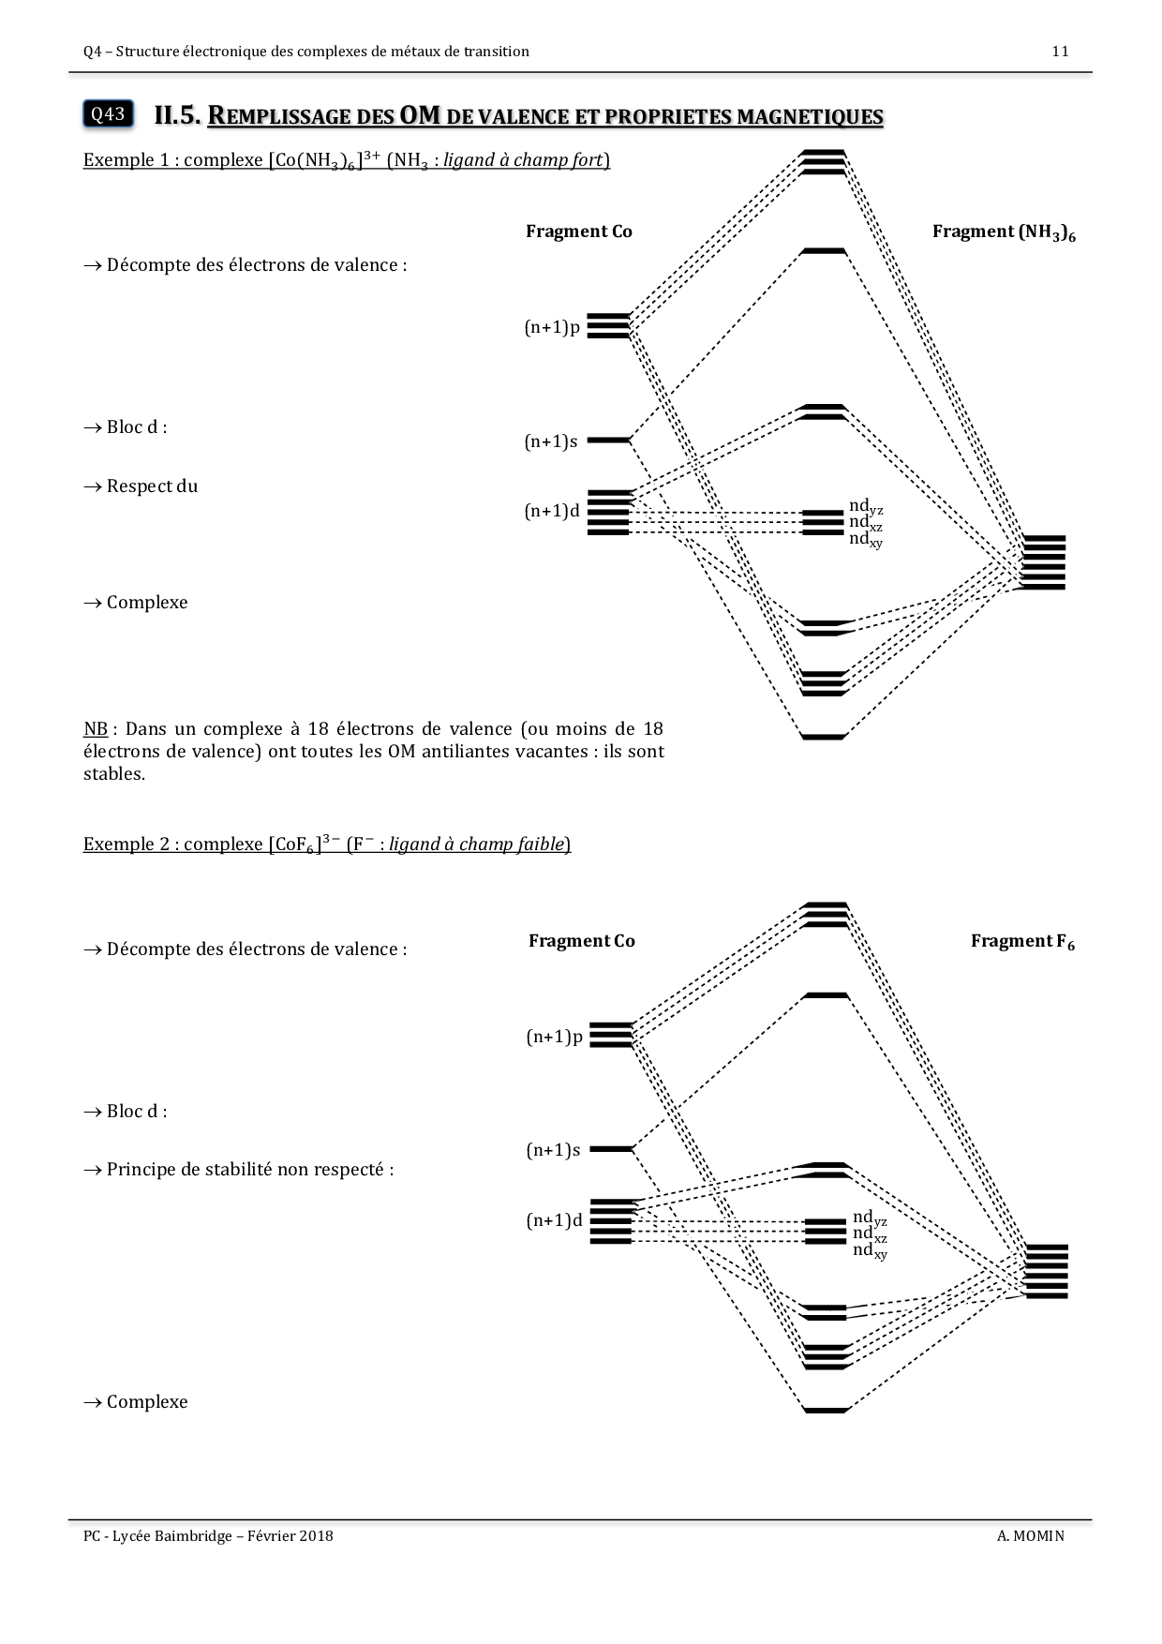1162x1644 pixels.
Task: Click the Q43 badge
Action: (107, 114)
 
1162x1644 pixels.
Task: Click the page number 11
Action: (1060, 52)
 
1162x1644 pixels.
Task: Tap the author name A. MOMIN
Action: (1031, 1535)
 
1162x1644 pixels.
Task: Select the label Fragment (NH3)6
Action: (1004, 232)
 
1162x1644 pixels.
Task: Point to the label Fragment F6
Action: (1022, 941)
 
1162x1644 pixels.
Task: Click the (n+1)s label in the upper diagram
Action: (551, 441)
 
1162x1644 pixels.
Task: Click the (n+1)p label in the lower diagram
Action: (554, 1037)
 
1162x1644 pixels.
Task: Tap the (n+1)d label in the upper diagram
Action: (552, 512)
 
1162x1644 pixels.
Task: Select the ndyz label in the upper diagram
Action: (866, 507)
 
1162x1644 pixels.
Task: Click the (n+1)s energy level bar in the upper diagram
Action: (608, 440)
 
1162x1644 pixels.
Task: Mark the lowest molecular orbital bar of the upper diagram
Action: (824, 737)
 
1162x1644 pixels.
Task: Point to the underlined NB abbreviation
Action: (95, 729)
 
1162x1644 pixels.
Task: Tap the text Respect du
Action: (152, 486)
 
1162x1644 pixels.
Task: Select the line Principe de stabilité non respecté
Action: (249, 1170)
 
